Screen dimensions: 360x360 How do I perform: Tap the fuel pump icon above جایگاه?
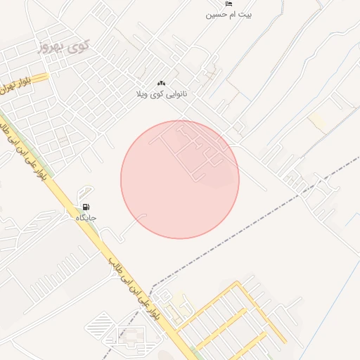click(86, 207)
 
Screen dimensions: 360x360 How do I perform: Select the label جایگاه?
click(86, 218)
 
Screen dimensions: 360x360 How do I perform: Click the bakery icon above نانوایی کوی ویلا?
click(162, 83)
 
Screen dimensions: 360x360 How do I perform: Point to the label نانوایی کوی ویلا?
click(162, 94)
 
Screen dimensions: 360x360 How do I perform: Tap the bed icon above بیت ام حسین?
click(229, 4)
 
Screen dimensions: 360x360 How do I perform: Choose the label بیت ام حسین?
click(229, 14)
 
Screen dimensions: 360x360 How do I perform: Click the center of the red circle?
click(180, 179)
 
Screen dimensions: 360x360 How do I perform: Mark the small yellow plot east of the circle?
click(318, 122)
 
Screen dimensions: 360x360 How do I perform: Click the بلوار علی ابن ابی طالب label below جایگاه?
click(134, 288)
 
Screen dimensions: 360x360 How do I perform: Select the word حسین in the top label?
click(215, 14)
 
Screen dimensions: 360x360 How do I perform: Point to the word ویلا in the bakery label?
click(145, 94)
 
